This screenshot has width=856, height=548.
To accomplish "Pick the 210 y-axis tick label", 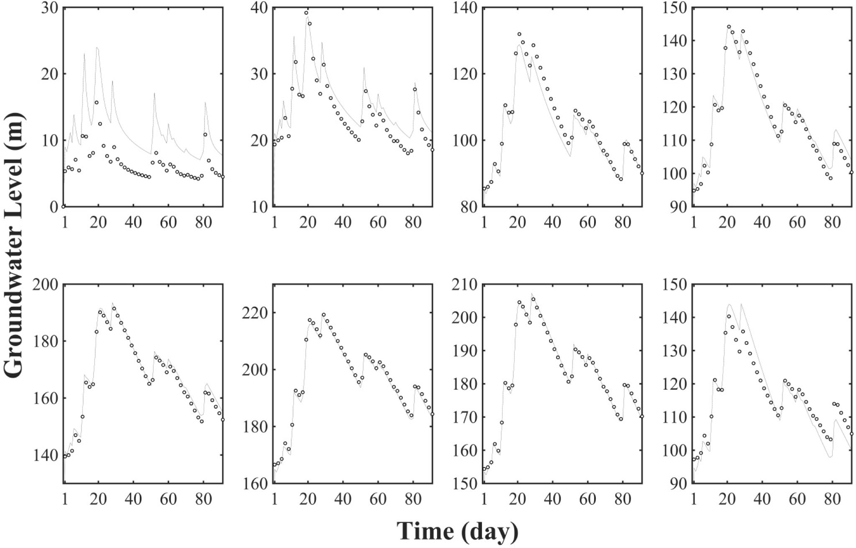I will (x=464, y=284).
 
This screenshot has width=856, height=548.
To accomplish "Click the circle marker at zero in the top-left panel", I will (x=64, y=206).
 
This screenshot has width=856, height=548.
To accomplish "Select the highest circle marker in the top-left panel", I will (x=97, y=102).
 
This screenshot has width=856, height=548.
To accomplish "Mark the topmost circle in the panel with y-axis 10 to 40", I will (x=306, y=13).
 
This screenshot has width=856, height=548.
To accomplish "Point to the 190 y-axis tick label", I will (x=464, y=351).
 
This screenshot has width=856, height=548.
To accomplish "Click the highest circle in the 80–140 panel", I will (x=519, y=34).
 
